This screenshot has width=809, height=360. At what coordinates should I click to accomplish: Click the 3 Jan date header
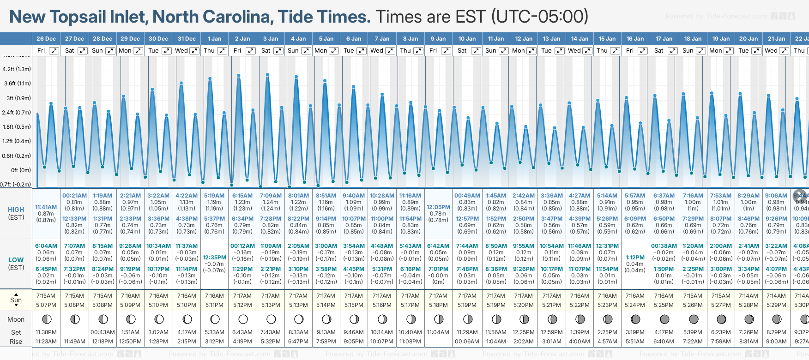[271, 39]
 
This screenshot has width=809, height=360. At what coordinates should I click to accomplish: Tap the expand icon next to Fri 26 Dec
[54, 51]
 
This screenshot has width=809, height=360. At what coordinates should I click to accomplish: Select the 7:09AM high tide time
[271, 196]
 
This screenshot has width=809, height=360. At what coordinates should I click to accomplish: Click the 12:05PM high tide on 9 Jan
[438, 207]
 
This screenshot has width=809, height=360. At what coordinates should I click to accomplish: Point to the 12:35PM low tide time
[214, 258]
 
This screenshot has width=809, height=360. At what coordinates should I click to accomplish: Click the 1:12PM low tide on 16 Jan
[635, 258]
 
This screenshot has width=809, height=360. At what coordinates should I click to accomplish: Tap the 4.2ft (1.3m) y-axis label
[17, 69]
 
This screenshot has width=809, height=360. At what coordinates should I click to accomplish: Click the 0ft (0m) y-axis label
[21, 170]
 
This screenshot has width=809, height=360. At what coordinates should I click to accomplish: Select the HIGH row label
[16, 210]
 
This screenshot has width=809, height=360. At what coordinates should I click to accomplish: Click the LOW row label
[16, 260]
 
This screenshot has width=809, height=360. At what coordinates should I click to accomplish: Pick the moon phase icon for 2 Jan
[243, 319]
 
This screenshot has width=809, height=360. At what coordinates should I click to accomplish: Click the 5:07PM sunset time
[46, 305]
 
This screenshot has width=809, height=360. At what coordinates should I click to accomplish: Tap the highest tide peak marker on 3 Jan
[268, 74]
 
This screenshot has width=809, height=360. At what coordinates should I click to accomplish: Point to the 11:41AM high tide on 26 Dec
[46, 207]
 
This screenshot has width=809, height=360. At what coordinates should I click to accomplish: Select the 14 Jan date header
[580, 39]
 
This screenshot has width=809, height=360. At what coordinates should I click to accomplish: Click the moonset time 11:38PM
[46, 332]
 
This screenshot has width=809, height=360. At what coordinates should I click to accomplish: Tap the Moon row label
[16, 319]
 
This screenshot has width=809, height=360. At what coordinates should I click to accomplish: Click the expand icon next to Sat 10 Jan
[476, 51]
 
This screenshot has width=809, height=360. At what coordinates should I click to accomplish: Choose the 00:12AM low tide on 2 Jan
[242, 246]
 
